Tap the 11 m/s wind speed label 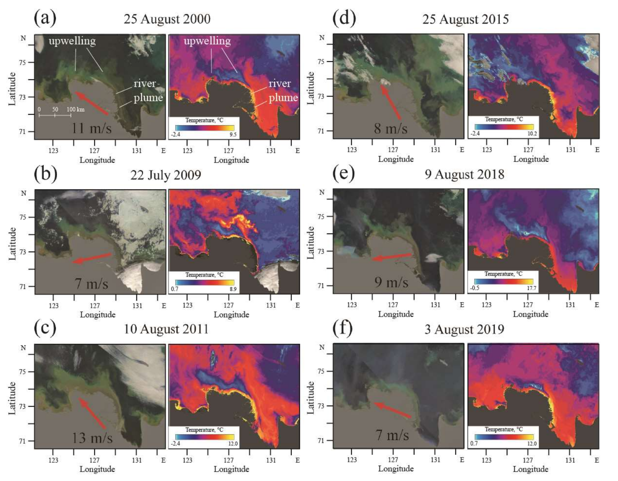(x=91, y=128)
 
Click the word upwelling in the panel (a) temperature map (x=207, y=41)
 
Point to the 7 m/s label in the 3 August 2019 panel (x=392, y=435)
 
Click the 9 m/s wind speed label (x=391, y=282)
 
